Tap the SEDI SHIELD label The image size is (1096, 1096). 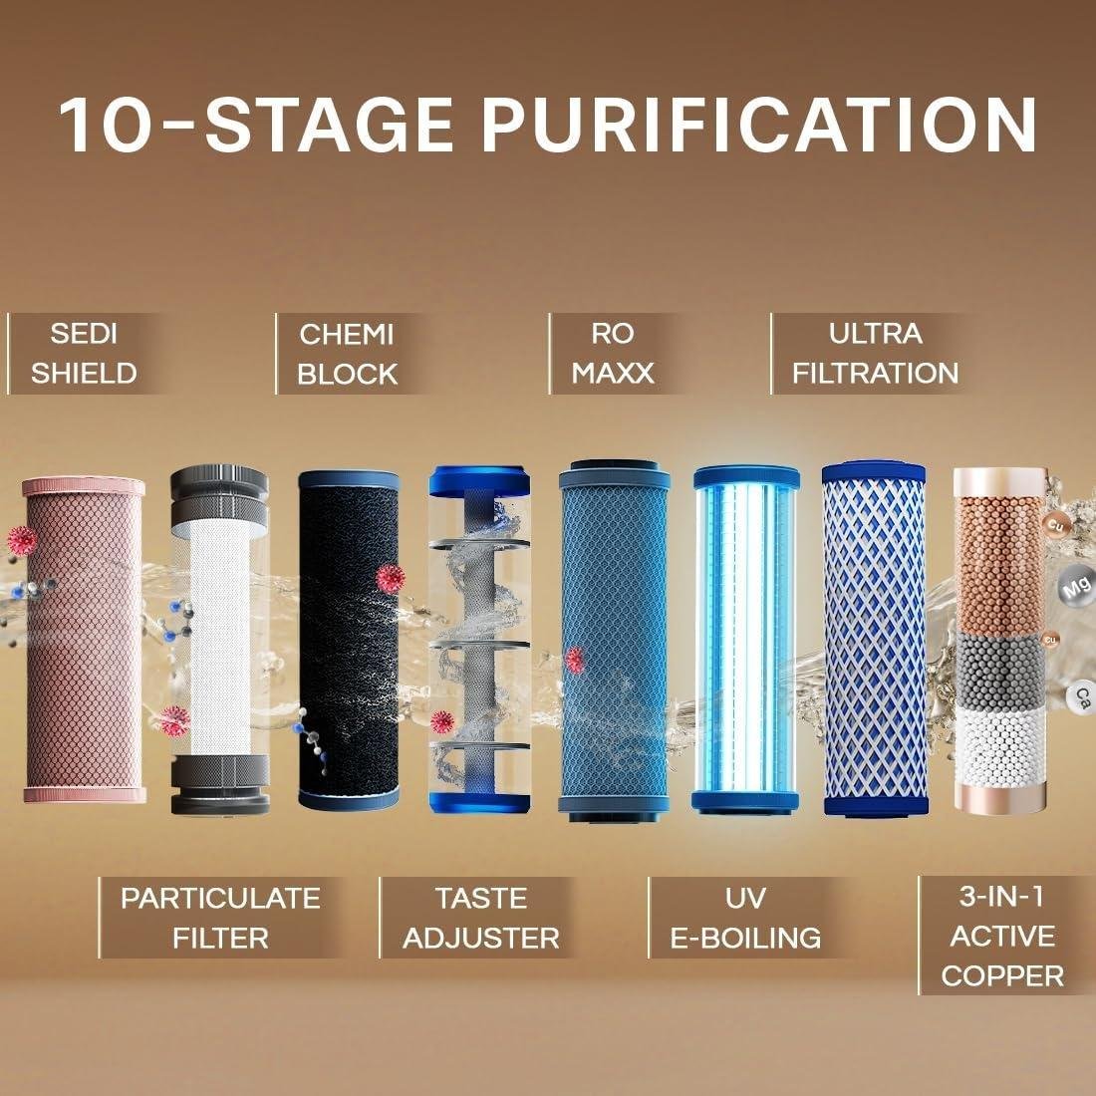tap(84, 354)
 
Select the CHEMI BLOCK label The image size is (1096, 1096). tap(347, 354)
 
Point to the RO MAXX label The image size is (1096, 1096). tap(613, 354)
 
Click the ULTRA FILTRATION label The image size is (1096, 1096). tap(875, 354)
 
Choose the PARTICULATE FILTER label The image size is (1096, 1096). tap(220, 918)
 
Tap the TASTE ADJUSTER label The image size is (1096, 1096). tap(481, 918)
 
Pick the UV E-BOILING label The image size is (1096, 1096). tap(745, 918)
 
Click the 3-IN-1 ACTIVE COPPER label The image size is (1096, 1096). tap(1002, 936)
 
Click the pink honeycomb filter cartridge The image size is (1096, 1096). tap(84, 640)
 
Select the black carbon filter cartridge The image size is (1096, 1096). tap(349, 640)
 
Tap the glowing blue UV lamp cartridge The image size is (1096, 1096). tap(746, 640)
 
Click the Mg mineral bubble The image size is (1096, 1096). tap(1075, 587)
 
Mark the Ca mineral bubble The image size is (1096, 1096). tap(1082, 695)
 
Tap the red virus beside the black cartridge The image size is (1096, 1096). tap(390, 579)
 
